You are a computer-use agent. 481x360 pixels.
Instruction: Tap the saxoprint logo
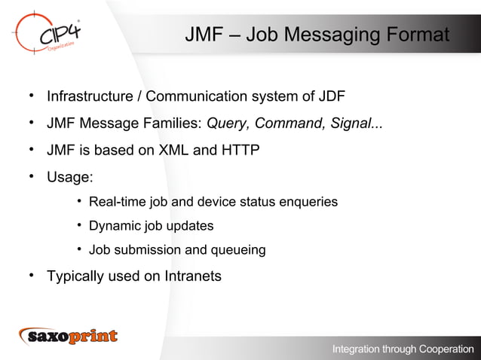(69, 336)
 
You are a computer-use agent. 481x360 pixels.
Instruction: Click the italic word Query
(226, 124)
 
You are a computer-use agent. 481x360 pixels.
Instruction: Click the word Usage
(69, 178)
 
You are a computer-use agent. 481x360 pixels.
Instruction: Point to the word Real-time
(117, 202)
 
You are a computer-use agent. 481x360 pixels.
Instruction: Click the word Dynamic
(112, 226)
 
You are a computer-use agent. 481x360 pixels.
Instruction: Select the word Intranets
(192, 276)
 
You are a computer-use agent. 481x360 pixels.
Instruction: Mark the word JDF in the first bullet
(332, 97)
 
